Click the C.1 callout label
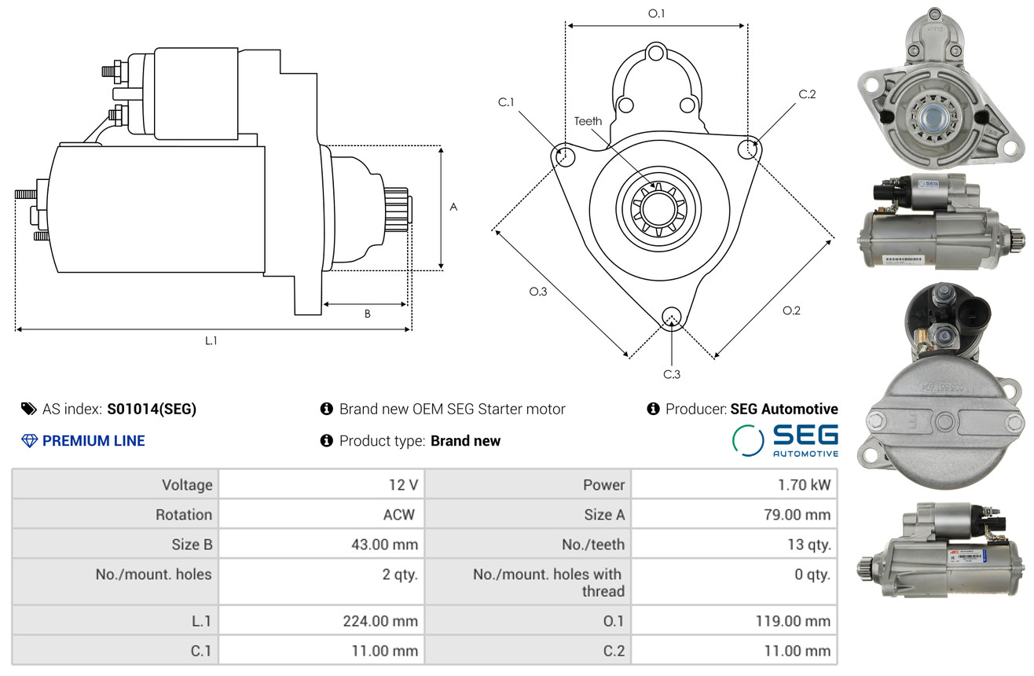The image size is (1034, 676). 505,102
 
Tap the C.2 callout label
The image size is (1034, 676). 807,95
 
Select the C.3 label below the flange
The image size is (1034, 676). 671,374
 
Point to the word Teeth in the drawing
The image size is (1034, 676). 588,121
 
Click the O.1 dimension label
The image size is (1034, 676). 656,13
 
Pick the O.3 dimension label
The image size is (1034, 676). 537,292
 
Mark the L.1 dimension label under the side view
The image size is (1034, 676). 211,340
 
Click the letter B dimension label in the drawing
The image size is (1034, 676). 367,314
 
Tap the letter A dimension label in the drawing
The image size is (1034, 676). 453,208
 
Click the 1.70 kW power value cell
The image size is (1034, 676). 804,485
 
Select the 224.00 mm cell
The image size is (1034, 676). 380,621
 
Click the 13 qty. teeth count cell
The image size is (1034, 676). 808,545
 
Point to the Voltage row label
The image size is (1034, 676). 187,485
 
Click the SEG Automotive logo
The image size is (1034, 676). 785,440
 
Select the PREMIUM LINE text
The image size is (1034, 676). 93,441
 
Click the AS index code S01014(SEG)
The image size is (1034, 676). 152,409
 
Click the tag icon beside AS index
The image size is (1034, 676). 28,409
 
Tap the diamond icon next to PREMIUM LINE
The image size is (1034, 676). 29,441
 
